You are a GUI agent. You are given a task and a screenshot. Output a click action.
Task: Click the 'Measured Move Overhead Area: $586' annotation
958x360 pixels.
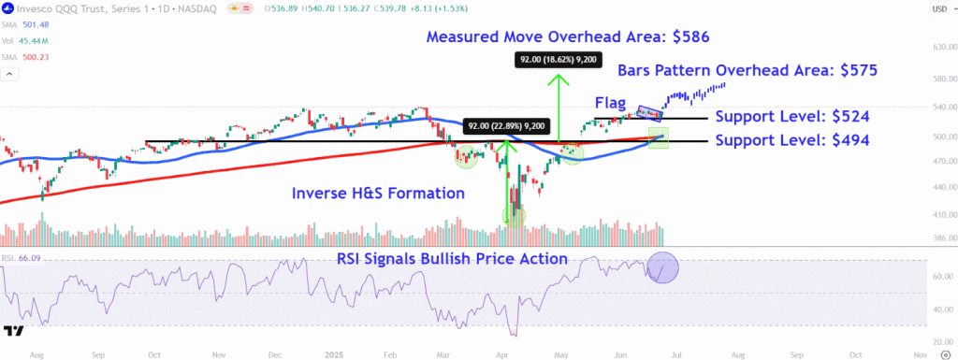(x=568, y=38)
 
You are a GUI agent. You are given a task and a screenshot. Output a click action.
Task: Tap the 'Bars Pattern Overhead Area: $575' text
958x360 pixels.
(x=747, y=70)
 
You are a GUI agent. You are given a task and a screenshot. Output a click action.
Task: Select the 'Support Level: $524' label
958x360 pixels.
(x=792, y=117)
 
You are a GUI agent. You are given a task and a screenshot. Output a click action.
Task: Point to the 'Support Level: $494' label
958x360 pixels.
(x=792, y=140)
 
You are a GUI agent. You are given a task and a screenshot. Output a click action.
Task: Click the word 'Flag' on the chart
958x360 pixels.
(x=610, y=101)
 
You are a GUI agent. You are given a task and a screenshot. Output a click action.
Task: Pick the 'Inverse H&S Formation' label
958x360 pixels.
(x=378, y=194)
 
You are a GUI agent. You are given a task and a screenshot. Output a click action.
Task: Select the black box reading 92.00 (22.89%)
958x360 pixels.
(x=506, y=126)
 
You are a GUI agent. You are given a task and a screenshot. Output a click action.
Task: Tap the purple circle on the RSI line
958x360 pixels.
(x=662, y=269)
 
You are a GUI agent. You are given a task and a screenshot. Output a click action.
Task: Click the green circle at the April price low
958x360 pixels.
(x=514, y=216)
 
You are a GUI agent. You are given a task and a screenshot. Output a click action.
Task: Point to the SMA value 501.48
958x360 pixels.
(x=36, y=24)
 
